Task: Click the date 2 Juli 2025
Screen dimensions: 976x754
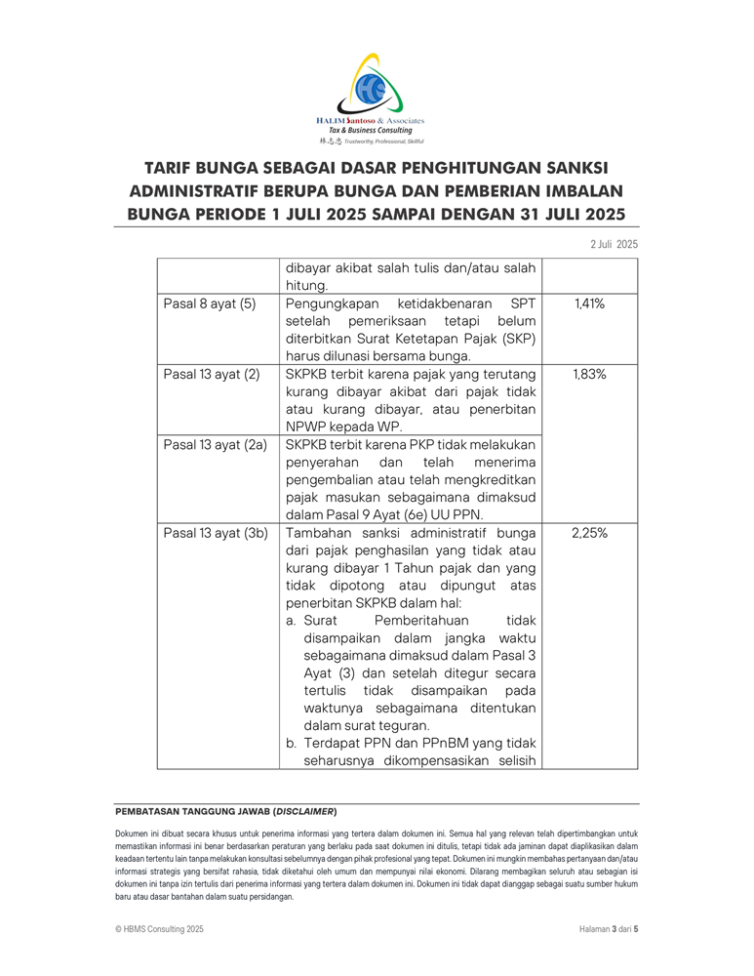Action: click(x=614, y=243)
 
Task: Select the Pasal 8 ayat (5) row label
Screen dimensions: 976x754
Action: click(x=209, y=304)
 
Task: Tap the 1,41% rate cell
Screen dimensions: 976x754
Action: click(x=589, y=304)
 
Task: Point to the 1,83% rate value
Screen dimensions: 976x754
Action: click(x=589, y=374)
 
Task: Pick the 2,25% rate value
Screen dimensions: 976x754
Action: click(x=589, y=533)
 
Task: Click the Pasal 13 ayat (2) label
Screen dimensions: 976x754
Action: click(x=211, y=374)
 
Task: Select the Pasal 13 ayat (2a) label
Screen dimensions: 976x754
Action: click(x=215, y=445)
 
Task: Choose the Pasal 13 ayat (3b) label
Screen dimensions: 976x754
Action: click(x=215, y=533)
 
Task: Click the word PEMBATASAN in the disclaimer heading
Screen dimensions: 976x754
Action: click(x=149, y=811)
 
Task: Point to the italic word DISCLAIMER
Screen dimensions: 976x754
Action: click(x=304, y=811)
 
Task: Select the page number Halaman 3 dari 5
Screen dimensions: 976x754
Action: click(x=602, y=929)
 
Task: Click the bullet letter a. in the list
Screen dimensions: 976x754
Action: click(x=292, y=621)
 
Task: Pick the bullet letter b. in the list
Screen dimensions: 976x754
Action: click(x=292, y=744)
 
